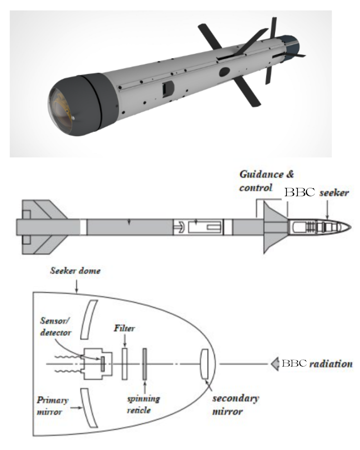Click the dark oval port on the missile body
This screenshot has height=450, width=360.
point(224,72)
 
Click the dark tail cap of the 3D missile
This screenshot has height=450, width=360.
point(289,48)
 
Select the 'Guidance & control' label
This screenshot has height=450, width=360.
point(266,181)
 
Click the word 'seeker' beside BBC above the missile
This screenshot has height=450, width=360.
point(334,193)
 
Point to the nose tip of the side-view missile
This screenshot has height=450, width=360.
point(350,227)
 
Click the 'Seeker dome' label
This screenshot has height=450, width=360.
point(75,271)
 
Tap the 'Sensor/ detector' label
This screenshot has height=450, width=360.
point(55,327)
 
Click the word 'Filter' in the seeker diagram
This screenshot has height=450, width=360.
point(124,328)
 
